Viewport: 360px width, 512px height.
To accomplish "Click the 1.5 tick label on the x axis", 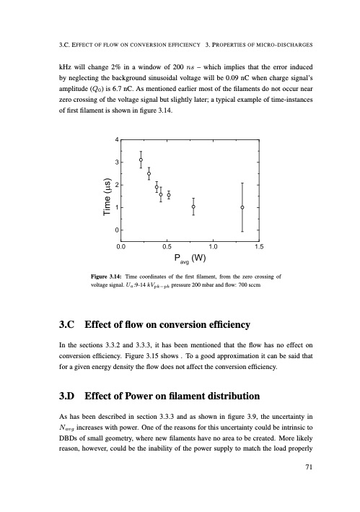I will click(x=259, y=246).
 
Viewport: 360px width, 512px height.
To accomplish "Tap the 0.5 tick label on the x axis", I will click(x=167, y=246).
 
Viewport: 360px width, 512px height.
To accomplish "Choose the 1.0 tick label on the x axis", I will click(x=213, y=246).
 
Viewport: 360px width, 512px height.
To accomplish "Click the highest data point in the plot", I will click(x=141, y=160).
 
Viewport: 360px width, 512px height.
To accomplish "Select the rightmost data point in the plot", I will click(x=242, y=207).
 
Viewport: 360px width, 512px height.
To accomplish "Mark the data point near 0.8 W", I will click(x=193, y=207).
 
